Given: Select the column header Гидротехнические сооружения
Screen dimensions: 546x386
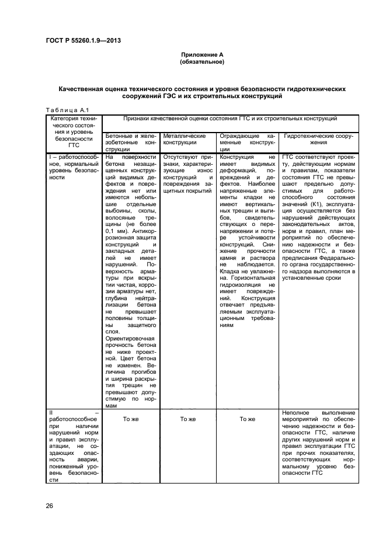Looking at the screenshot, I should (x=318, y=138).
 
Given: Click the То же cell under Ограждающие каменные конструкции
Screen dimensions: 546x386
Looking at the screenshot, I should (x=247, y=419).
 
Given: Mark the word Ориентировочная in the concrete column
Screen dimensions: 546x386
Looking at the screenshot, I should (x=129, y=339).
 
